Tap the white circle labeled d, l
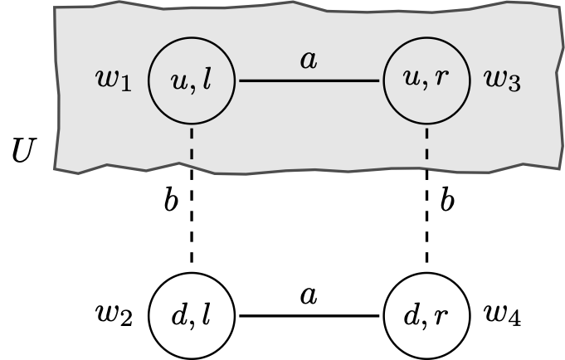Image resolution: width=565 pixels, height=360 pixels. pyautogui.click(x=192, y=316)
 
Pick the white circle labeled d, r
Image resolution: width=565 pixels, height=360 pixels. pyautogui.click(x=427, y=316)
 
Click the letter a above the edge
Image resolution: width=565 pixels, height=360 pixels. pyautogui.click(x=309, y=61)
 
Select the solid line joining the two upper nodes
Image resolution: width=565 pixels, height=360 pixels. pyautogui.click(x=309, y=81)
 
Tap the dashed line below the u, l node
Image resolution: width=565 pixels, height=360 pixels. pyautogui.click(x=192, y=143)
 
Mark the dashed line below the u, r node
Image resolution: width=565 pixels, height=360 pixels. pyautogui.click(x=427, y=143)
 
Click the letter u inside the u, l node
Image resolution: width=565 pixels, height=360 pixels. pyautogui.click(x=178, y=84)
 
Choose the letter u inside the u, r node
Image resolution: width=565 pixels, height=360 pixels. pyautogui.click(x=412, y=84)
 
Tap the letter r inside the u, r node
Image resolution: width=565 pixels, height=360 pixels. pyautogui.click(x=441, y=84)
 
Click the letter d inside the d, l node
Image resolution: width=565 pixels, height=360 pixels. pyautogui.click(x=178, y=316)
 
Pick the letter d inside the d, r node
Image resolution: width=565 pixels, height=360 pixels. pyautogui.click(x=412, y=316)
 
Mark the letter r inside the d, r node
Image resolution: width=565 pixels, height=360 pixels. pyautogui.click(x=441, y=318)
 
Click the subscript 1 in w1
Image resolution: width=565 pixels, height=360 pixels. pyautogui.click(x=126, y=88)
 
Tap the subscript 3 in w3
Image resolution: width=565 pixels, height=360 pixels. pyautogui.click(x=515, y=88)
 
